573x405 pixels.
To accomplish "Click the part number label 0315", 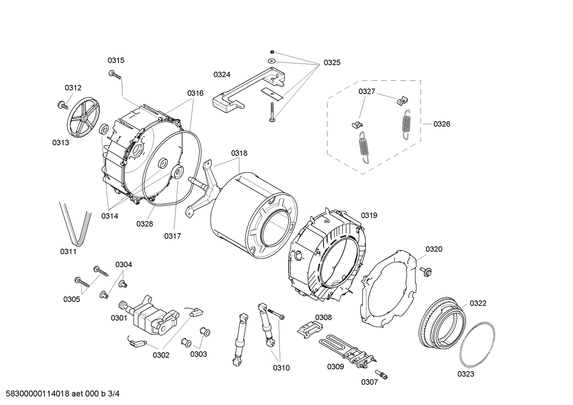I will pos(116,60).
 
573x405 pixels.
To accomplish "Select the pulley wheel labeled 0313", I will pos(83,118).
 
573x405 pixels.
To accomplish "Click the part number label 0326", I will pos(441,124).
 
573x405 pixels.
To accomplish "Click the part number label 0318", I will pos(239,153).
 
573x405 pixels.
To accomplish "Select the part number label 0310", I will pos(281,368).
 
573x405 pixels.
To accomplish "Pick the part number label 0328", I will pos(145,224).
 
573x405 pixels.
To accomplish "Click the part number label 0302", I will pos(161,355).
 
